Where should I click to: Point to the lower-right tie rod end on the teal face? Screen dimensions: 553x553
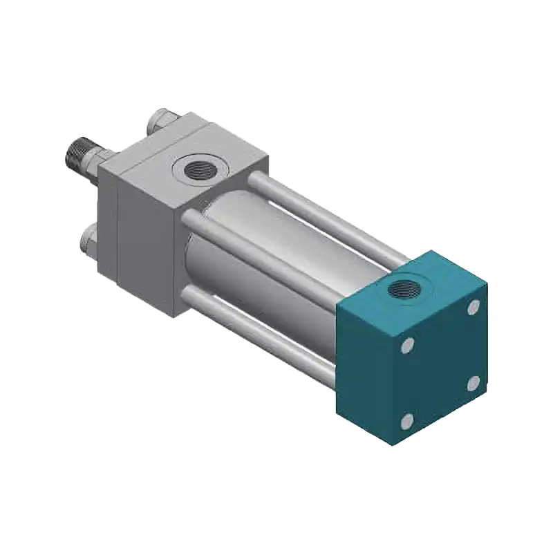(473, 382)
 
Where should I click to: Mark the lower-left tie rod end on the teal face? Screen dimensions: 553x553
(407, 419)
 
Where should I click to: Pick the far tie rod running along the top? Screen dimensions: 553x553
(325, 214)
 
